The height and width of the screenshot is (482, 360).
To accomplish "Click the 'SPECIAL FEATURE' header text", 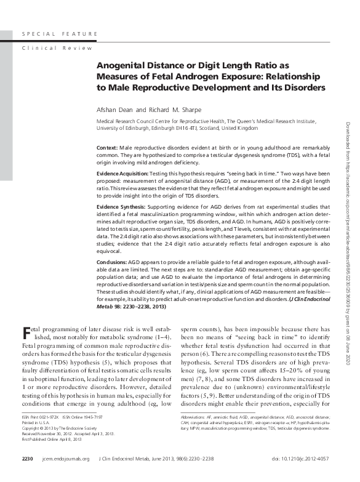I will point(59,33).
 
